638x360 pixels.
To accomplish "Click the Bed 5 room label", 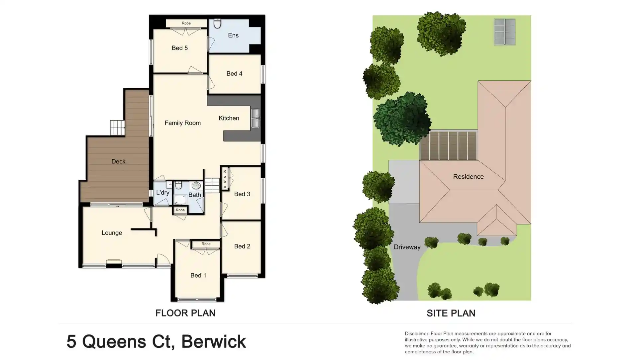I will tap(179, 48).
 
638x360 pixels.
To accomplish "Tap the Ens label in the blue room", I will tap(233, 36).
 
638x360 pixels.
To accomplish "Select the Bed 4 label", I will tap(234, 74).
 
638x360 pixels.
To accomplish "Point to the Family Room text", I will tap(182, 123).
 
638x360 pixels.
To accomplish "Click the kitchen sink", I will tap(255, 118).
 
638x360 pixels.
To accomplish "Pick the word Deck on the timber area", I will tap(118, 162).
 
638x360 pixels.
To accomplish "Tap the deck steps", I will tap(117, 128).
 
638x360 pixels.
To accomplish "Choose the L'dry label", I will tap(162, 193).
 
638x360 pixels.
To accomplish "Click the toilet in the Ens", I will tap(217, 23).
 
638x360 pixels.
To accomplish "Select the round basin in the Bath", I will tap(196, 185).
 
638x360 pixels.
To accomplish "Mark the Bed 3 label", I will tap(242, 194).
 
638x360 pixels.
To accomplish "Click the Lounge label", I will tap(112, 233).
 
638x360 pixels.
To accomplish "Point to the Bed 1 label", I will tap(198, 276).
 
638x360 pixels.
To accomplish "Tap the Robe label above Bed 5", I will tap(186, 23).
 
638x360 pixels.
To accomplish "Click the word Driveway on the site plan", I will tap(407, 247).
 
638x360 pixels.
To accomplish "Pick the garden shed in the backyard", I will tap(504, 32).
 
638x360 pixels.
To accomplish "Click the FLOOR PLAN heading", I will tap(185, 313).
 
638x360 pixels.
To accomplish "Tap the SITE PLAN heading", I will tap(451, 313).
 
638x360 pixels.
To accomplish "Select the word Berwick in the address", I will tap(213, 342).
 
